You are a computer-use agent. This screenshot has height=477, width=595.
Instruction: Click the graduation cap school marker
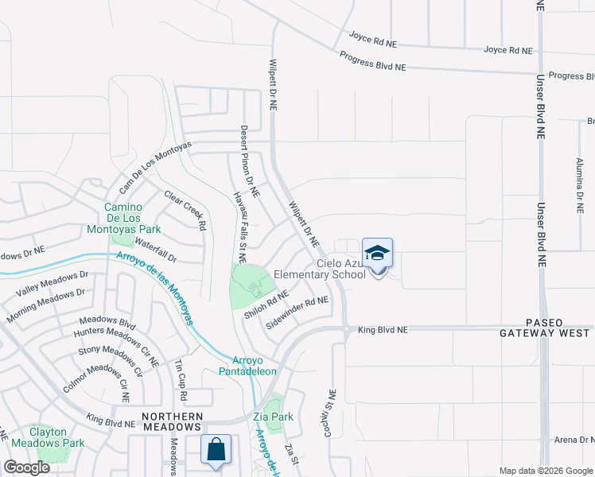point(377,254)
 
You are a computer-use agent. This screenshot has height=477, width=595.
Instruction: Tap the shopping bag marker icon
point(216,449)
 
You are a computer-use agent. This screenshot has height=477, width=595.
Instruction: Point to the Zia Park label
point(272,417)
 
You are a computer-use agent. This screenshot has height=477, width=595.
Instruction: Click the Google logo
point(26,467)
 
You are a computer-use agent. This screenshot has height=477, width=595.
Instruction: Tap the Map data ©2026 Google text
point(545,471)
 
